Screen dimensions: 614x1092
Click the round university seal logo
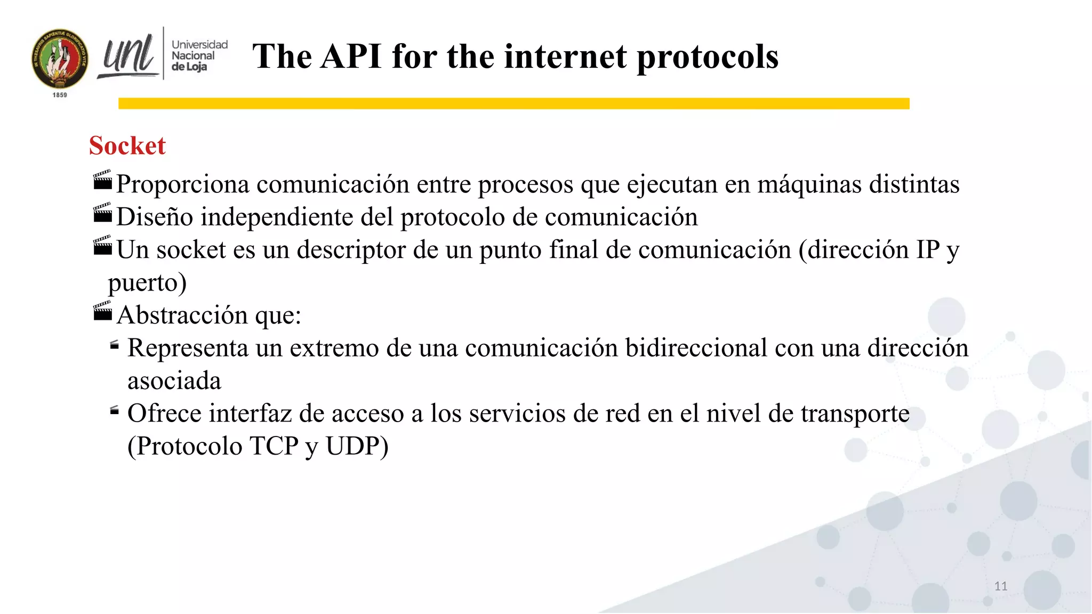(60, 59)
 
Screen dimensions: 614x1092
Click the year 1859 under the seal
(60, 95)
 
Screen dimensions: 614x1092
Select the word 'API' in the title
(351, 56)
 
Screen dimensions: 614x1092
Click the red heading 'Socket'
(127, 146)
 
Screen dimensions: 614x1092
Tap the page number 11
(1001, 586)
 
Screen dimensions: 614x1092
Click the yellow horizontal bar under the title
(513, 103)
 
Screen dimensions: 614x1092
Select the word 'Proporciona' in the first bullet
(183, 184)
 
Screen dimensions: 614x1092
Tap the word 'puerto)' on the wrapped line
(147, 282)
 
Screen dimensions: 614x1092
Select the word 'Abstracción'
(182, 315)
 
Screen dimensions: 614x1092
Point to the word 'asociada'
(174, 381)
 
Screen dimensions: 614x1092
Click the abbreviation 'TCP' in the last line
(274, 446)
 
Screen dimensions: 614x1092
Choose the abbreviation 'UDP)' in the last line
(357, 446)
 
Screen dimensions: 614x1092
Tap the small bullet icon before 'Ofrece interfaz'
(114, 410)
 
